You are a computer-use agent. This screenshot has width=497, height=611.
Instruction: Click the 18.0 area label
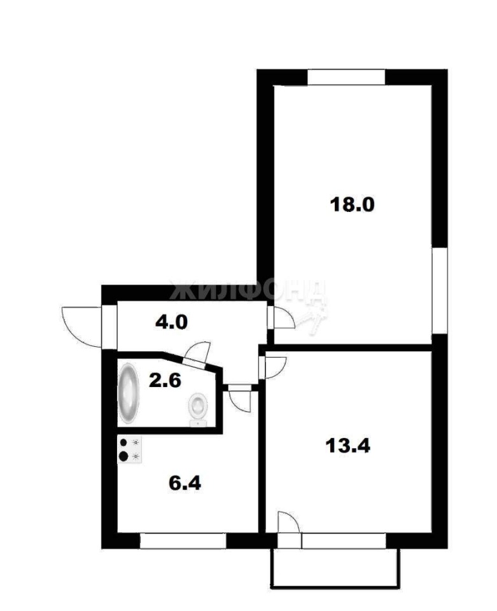tap(352, 204)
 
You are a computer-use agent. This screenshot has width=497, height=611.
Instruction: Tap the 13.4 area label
tap(347, 446)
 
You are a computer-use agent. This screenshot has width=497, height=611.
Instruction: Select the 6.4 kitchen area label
tap(185, 483)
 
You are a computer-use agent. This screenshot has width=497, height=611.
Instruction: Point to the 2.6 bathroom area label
tap(165, 380)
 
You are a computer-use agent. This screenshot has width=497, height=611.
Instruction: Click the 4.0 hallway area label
tap(171, 322)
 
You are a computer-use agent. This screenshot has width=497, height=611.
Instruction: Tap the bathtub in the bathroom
tap(129, 393)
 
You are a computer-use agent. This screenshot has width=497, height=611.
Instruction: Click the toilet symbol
tap(199, 409)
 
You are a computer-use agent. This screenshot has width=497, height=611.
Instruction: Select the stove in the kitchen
tap(130, 449)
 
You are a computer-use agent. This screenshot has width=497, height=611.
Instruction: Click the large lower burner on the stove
tap(124, 456)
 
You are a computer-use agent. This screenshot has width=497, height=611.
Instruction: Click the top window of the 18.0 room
tap(346, 77)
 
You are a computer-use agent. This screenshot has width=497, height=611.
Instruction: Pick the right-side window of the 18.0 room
tap(440, 290)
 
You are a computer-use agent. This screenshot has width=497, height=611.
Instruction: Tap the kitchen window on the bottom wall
tap(183, 541)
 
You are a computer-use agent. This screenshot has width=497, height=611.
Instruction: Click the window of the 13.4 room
tap(344, 541)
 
